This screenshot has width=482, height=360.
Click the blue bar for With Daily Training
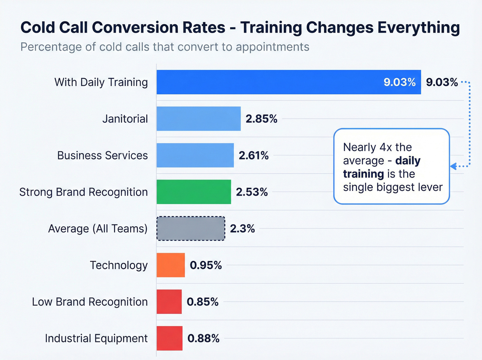pyautogui.click(x=269, y=82)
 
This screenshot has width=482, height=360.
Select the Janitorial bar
pyautogui.click(x=199, y=119)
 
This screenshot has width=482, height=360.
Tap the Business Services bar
pyautogui.click(x=195, y=155)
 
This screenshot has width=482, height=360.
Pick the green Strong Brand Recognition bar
pyautogui.click(x=194, y=192)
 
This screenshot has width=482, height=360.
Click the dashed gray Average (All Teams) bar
pyautogui.click(x=191, y=228)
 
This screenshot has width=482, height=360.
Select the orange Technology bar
pyautogui.click(x=171, y=265)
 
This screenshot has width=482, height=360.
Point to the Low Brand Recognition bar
pyautogui.click(x=169, y=302)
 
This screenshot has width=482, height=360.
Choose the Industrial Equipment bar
pyautogui.click(x=169, y=338)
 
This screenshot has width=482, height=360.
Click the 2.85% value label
pyautogui.click(x=261, y=119)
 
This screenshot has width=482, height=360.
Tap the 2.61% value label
pyautogui.click(x=254, y=155)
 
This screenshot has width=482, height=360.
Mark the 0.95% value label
pyautogui.click(x=206, y=265)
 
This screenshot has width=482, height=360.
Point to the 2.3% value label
pyautogui.click(x=242, y=228)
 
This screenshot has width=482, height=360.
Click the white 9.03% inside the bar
pyautogui.click(x=399, y=82)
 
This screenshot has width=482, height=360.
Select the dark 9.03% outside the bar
pyautogui.click(x=442, y=82)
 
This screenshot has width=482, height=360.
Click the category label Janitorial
pyautogui.click(x=125, y=119)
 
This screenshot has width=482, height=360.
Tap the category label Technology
pyautogui.click(x=119, y=265)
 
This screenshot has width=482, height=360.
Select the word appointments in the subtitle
pyautogui.click(x=272, y=47)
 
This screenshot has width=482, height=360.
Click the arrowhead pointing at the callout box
pyautogui.click(x=453, y=166)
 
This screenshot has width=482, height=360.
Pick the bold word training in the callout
pyautogui.click(x=363, y=174)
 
